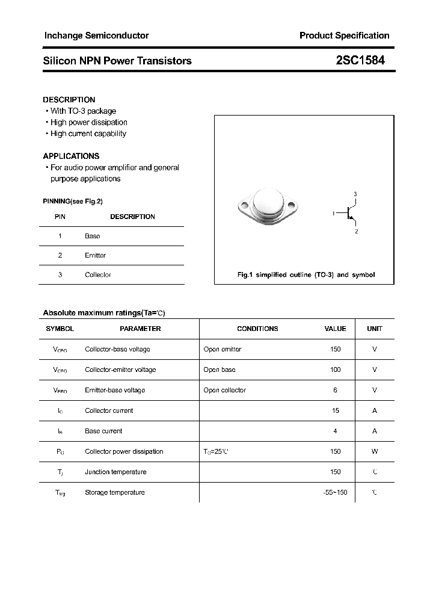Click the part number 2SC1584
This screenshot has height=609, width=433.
(360, 61)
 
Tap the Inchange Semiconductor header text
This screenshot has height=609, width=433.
(96, 36)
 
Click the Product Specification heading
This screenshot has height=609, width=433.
(344, 36)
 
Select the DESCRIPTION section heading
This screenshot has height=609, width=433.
(69, 100)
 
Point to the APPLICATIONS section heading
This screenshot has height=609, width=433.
(71, 156)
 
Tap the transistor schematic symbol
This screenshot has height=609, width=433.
(349, 212)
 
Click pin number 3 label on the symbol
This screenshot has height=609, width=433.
(355, 194)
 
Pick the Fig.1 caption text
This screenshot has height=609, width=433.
(306, 274)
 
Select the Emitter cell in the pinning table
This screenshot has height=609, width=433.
(95, 255)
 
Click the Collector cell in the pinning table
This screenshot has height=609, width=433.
(97, 274)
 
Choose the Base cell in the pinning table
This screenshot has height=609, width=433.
(92, 236)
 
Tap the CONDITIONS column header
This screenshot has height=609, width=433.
(257, 329)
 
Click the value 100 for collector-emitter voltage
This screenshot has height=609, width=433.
(335, 369)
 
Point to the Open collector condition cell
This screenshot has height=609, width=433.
(224, 390)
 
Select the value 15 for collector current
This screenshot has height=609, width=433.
(335, 410)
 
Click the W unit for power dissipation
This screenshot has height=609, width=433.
(374, 451)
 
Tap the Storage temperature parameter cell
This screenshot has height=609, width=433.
(114, 492)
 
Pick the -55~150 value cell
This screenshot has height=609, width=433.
(335, 492)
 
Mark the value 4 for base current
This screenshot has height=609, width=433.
(335, 431)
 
